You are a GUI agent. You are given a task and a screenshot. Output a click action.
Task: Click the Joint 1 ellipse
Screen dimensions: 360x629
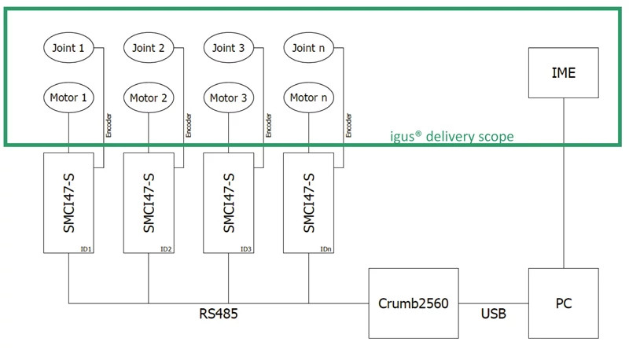[69, 48]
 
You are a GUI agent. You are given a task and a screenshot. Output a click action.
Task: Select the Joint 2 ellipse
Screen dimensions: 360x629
[149, 48]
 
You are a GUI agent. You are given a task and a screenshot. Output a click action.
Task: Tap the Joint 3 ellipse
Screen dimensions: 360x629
[229, 48]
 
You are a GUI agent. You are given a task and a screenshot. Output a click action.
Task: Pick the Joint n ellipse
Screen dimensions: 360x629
[308, 48]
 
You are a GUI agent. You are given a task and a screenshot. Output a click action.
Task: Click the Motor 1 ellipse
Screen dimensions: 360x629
[69, 98]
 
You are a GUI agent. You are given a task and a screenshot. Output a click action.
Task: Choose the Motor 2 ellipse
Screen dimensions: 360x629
[149, 98]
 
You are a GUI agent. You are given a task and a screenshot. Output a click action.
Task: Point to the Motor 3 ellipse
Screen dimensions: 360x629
[229, 98]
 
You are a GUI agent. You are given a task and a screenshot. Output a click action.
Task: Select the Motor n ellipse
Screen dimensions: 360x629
[308, 98]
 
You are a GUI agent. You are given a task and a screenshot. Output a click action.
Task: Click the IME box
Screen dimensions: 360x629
[564, 72]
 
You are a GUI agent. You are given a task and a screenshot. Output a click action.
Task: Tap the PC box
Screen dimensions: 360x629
[564, 303]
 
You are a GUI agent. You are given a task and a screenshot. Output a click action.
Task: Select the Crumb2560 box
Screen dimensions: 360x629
[414, 303]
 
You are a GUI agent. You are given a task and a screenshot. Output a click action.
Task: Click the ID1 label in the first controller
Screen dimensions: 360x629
[86, 249]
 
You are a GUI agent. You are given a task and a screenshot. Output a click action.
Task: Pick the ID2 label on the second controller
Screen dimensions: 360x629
[166, 249]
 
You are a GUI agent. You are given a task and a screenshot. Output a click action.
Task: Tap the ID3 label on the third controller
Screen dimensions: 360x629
[245, 249]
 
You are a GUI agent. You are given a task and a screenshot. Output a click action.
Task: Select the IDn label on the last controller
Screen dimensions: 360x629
[325, 249]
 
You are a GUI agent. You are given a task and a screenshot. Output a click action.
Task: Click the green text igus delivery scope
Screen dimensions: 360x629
[452, 136]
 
